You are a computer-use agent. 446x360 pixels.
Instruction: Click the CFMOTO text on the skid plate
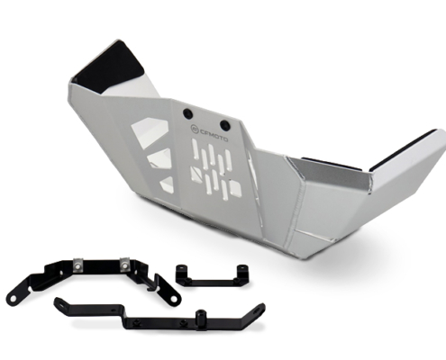point(214,135)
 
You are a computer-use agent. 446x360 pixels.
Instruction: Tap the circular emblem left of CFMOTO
point(195,130)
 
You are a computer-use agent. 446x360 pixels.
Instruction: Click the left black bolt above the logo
point(188,113)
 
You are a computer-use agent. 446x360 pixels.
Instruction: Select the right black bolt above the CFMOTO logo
point(225,124)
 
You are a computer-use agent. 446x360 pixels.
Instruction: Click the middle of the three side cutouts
point(160,160)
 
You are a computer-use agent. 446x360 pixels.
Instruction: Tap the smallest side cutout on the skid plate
point(168,184)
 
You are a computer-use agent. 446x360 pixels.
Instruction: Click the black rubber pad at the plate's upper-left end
point(110,67)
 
